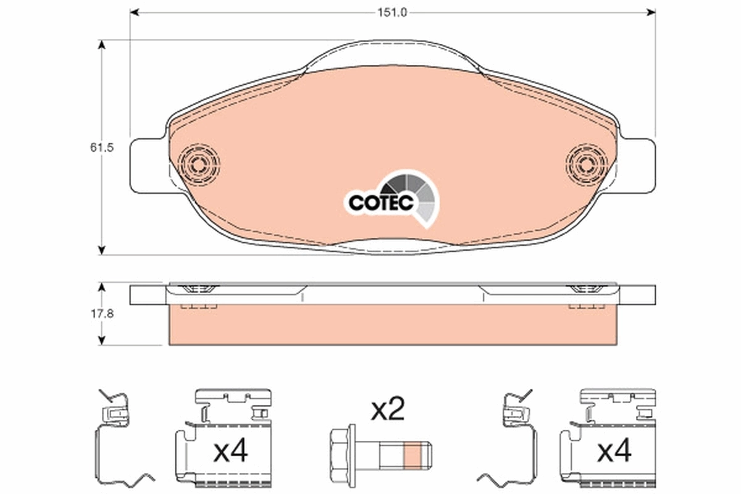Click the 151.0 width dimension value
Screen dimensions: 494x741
click(x=393, y=12)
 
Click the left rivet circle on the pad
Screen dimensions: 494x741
click(x=199, y=164)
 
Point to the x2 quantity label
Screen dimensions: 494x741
click(x=387, y=409)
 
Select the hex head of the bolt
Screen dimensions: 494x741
click(x=343, y=456)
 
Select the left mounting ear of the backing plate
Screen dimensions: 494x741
click(x=146, y=164)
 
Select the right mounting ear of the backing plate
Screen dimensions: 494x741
click(x=639, y=164)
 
